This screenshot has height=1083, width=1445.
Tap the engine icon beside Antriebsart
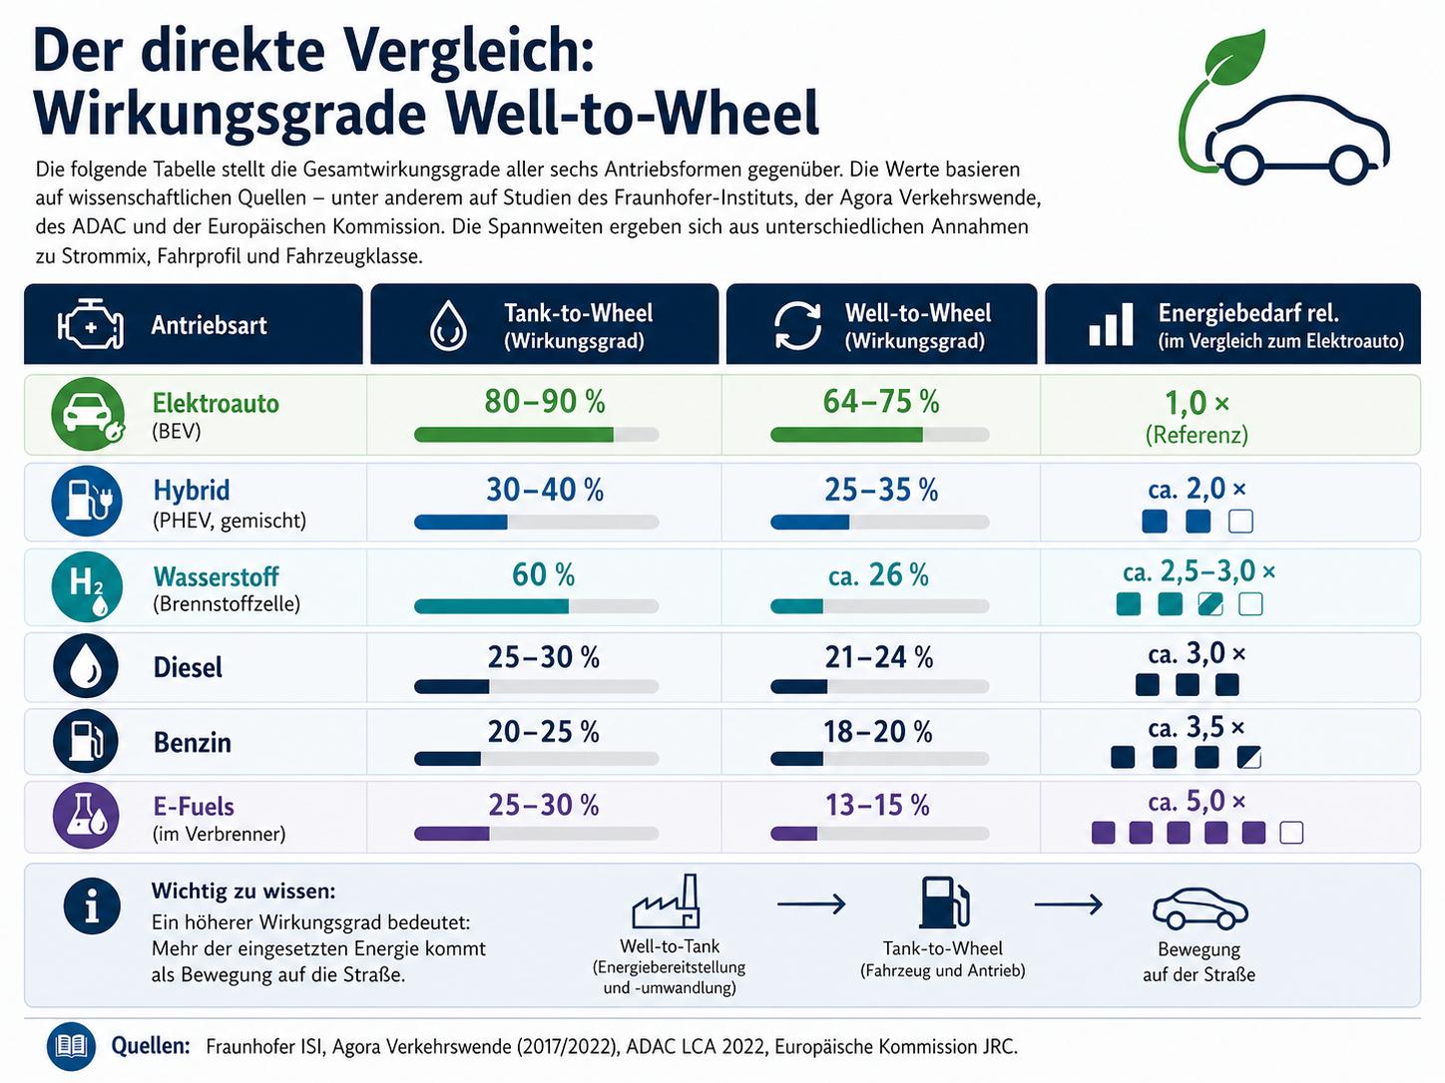(91, 325)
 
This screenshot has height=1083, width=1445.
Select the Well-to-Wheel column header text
(917, 325)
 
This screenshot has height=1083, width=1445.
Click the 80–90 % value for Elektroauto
(544, 402)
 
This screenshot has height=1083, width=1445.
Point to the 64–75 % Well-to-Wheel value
(880, 402)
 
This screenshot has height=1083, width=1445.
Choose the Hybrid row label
(192, 491)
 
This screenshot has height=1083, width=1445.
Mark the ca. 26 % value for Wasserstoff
(878, 575)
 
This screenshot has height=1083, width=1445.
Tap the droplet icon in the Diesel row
(87, 666)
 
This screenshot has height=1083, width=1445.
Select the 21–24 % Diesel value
(878, 658)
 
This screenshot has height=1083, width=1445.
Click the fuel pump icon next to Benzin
(87, 741)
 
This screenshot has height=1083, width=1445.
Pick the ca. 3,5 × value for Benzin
(1196, 728)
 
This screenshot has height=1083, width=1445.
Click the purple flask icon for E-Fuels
(87, 815)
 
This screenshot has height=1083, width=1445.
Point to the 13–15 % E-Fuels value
(877, 806)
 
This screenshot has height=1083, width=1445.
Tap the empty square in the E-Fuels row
(1291, 833)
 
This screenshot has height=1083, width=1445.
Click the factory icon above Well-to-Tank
(666, 902)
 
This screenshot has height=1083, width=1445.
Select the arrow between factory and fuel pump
(810, 904)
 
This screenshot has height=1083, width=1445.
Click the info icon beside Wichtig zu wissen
(92, 906)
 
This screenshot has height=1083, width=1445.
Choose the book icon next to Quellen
(72, 1046)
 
